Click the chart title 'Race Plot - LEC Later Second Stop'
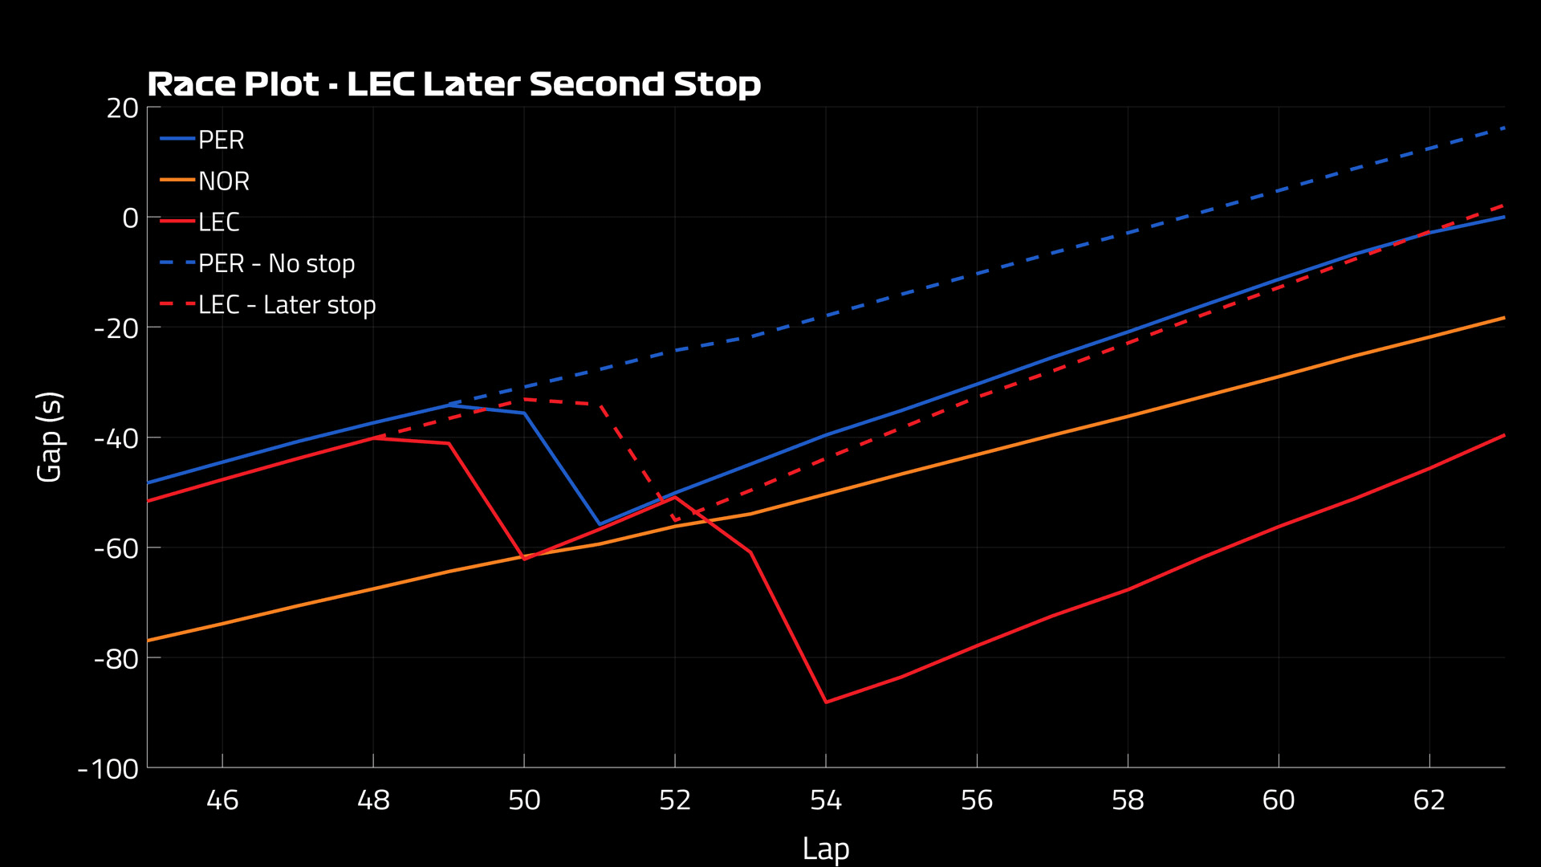point(453,84)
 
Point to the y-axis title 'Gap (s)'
point(50,437)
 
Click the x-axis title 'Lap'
point(825,849)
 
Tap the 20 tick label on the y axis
point(123,108)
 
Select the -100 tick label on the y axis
point(109,769)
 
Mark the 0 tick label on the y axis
point(130,218)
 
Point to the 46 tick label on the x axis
point(222,800)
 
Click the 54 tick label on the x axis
point(826,800)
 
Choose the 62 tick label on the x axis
point(1429,800)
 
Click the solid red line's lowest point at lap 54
point(826,702)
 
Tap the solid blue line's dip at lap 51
point(600,524)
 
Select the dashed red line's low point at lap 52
point(675,519)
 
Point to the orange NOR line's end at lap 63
point(1503,318)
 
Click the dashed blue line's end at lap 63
point(1503,128)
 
